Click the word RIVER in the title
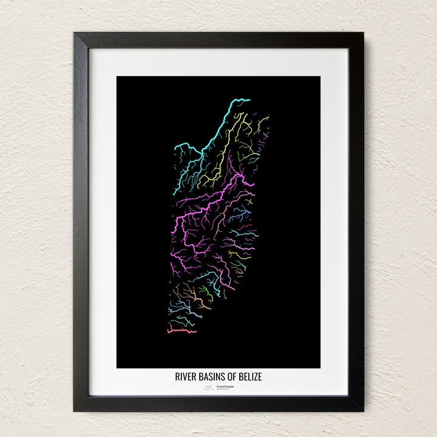186,377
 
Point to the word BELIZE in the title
251,377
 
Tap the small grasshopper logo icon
209,387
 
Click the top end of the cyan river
248,100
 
